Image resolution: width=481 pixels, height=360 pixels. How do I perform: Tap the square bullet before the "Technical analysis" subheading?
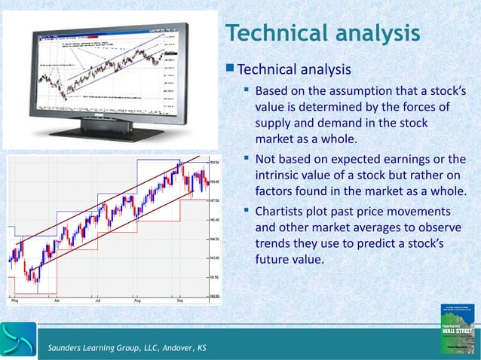(229, 70)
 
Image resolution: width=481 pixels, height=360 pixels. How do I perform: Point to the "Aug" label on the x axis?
(138, 300)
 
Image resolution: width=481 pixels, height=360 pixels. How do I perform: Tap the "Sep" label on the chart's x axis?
(180, 300)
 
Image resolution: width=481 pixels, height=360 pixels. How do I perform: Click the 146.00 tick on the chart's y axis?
(214, 220)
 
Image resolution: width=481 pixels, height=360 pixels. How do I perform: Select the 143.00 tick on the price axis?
(214, 258)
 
